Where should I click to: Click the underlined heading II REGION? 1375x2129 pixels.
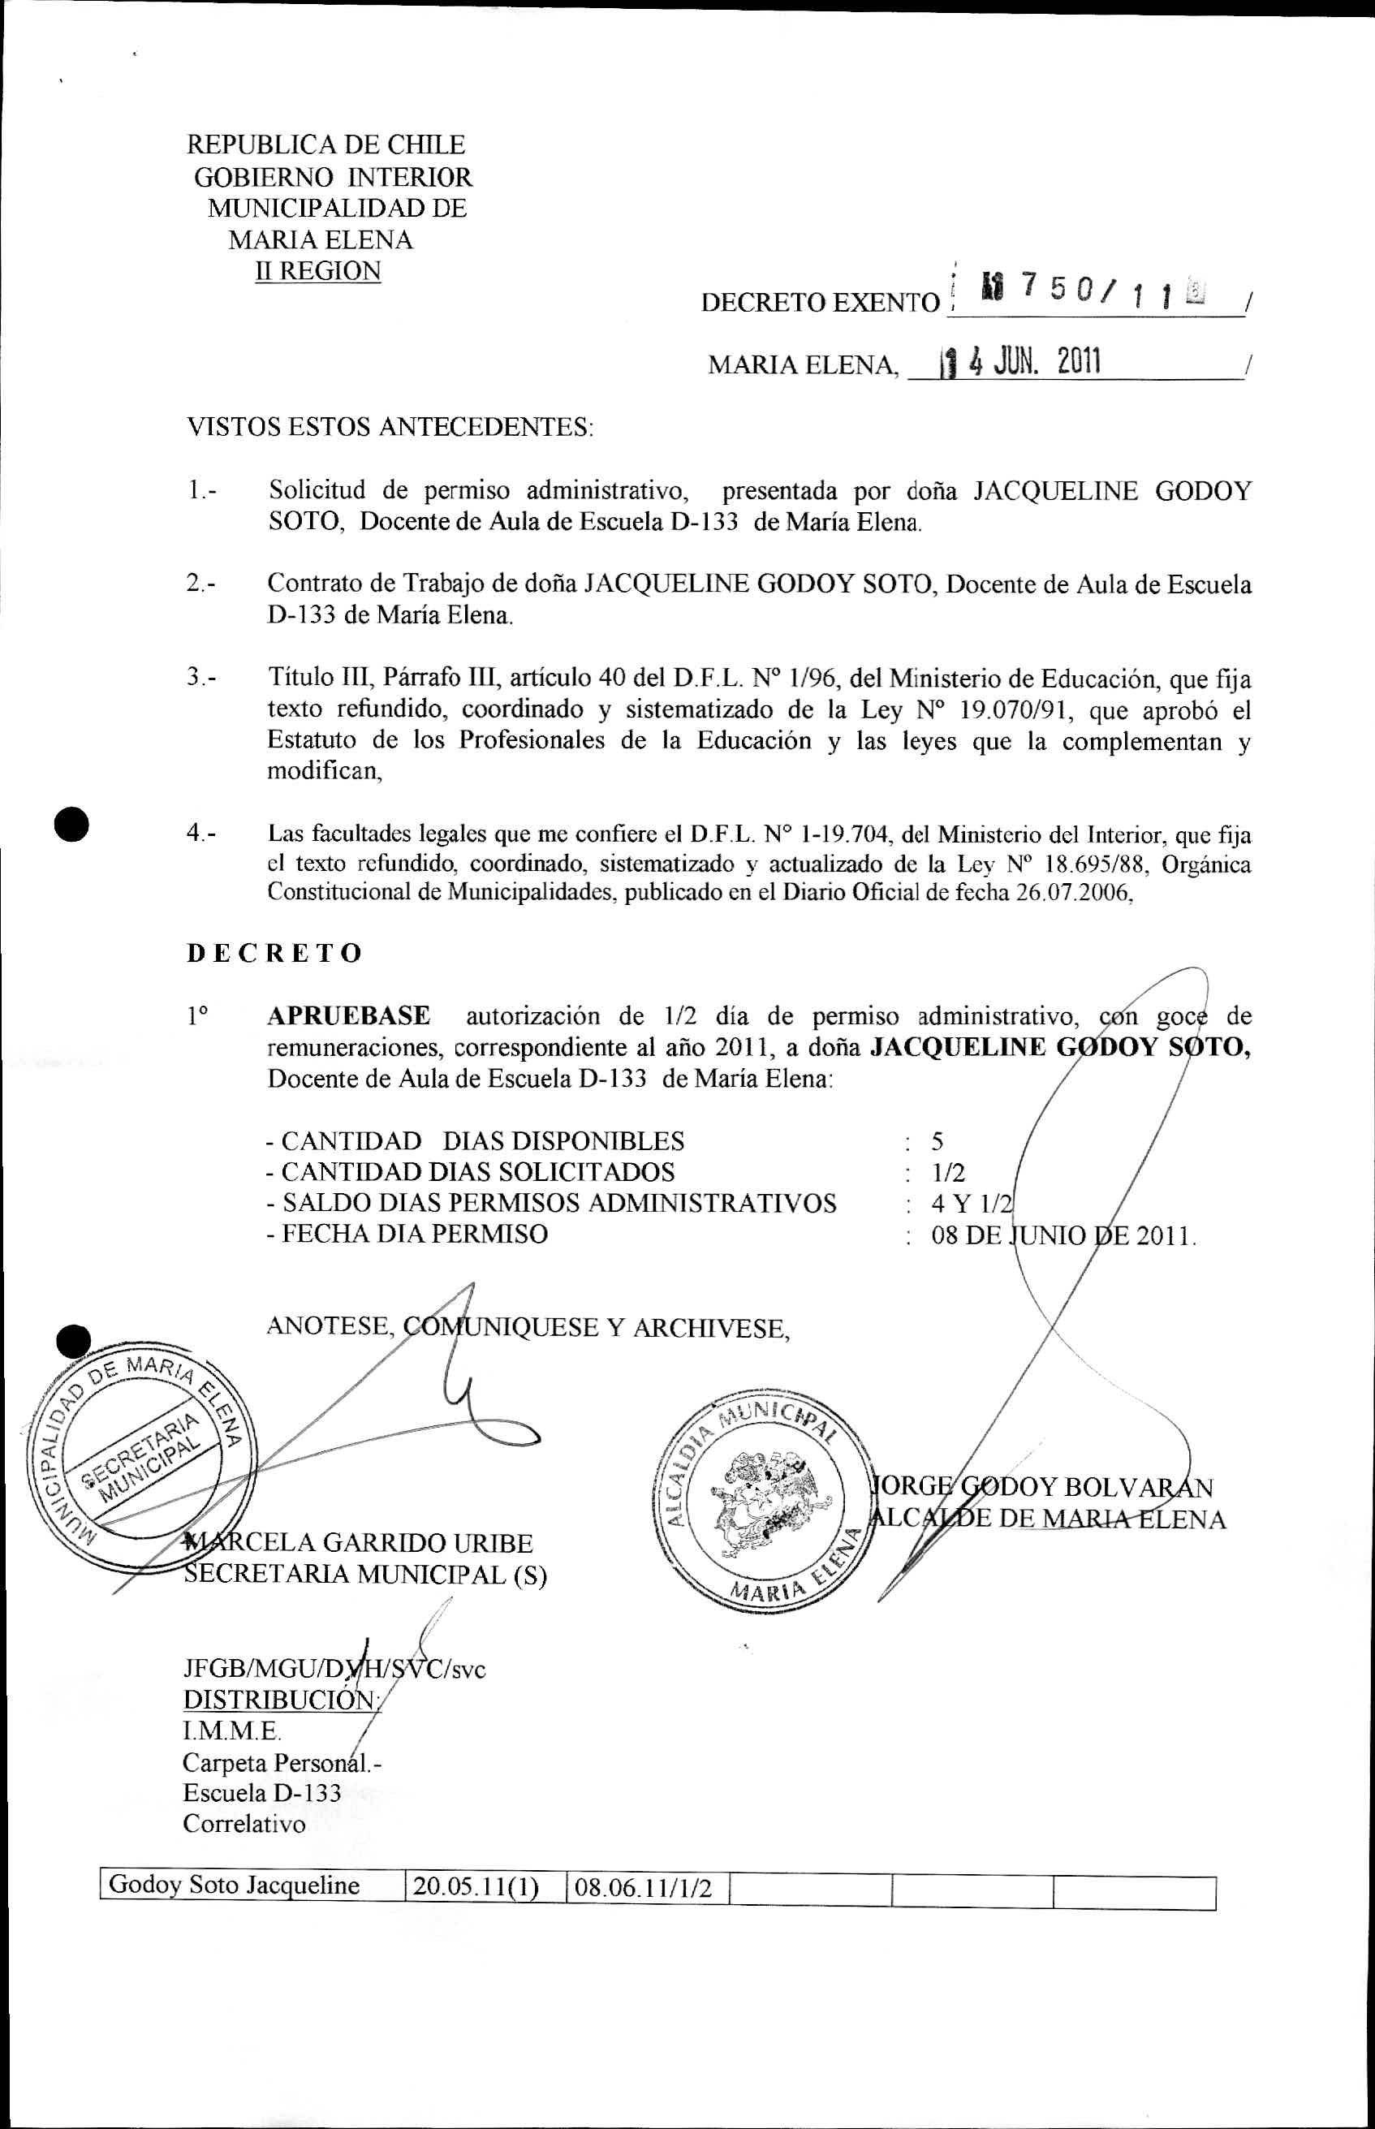click(318, 270)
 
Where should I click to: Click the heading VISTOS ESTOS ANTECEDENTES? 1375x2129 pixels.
click(390, 427)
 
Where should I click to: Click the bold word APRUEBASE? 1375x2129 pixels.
click(348, 1016)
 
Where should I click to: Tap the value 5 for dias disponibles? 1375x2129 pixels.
click(937, 1141)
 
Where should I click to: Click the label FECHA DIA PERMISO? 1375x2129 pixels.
click(407, 1234)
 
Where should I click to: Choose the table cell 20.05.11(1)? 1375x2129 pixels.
click(475, 1886)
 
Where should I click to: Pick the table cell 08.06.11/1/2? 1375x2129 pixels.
click(643, 1886)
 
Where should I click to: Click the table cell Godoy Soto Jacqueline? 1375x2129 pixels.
click(234, 1886)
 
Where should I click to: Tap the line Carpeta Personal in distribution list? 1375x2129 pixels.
click(280, 1762)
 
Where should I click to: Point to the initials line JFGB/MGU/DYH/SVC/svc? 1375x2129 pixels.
click(334, 1669)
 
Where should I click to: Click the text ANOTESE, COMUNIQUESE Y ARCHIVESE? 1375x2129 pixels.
click(528, 1327)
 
